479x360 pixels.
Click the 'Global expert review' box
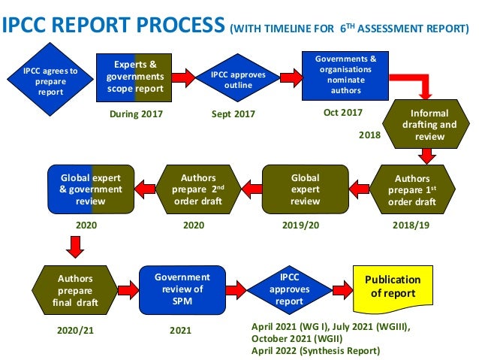pyautogui.click(x=305, y=189)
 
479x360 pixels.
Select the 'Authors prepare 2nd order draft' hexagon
pyautogui.click(x=197, y=189)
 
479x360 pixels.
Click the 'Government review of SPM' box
pyautogui.click(x=182, y=289)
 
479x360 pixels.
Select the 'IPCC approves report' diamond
pyautogui.click(x=289, y=289)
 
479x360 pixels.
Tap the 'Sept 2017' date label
pyautogui.click(x=233, y=114)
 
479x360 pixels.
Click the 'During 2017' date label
pyautogui.click(x=135, y=114)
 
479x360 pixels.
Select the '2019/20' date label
pyautogui.click(x=302, y=224)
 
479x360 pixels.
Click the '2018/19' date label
pyautogui.click(x=411, y=224)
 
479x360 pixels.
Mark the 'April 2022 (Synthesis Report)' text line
pyautogui.click(x=315, y=351)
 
